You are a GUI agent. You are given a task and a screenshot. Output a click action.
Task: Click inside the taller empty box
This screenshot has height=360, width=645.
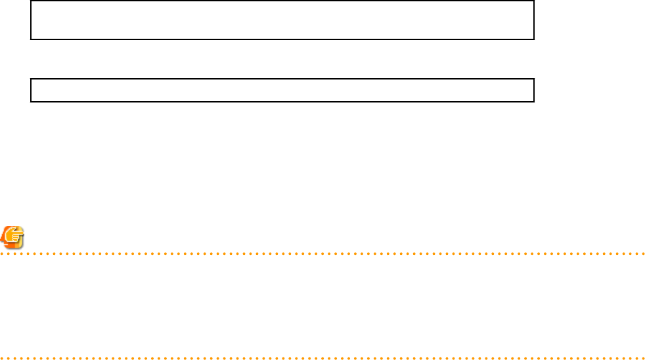click(x=282, y=20)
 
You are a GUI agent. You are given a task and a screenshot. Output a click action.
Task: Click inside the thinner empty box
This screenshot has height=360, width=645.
click(x=282, y=90)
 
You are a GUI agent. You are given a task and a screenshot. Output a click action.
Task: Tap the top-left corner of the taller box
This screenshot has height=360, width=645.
click(x=31, y=1)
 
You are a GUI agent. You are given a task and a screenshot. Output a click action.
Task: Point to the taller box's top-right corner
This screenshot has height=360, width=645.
click(x=534, y=1)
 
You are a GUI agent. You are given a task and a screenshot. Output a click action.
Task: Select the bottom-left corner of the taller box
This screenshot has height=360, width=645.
click(x=31, y=39)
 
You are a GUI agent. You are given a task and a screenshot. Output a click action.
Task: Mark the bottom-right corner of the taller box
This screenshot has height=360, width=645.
click(x=534, y=39)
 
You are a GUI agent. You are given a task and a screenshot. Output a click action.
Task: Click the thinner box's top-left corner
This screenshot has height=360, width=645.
click(x=31, y=79)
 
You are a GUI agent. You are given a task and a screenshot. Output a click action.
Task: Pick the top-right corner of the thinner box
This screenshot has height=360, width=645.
click(x=534, y=79)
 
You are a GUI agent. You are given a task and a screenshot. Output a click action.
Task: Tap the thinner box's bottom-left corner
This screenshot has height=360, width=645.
click(x=31, y=102)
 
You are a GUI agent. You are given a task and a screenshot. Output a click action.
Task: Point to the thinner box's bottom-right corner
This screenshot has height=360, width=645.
click(x=534, y=102)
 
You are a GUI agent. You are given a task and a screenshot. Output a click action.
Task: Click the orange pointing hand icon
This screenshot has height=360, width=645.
click(x=12, y=236)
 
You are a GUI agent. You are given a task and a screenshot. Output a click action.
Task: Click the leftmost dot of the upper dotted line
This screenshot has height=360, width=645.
click(x=1, y=253)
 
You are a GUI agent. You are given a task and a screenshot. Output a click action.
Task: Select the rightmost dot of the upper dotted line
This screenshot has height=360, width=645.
click(x=644, y=253)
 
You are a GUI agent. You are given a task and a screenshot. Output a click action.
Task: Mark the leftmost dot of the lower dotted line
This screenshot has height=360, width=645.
click(x=1, y=359)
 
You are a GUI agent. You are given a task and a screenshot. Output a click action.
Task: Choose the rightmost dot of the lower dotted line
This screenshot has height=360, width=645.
click(x=644, y=359)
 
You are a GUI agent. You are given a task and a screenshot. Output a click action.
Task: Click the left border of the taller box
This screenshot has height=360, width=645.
click(x=31, y=20)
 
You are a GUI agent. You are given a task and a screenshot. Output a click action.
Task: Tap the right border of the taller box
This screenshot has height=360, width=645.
click(x=534, y=20)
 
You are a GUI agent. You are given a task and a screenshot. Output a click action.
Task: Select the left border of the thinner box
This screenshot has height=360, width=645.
click(x=31, y=90)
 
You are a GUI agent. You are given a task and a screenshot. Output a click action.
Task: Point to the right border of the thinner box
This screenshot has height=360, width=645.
click(x=534, y=90)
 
